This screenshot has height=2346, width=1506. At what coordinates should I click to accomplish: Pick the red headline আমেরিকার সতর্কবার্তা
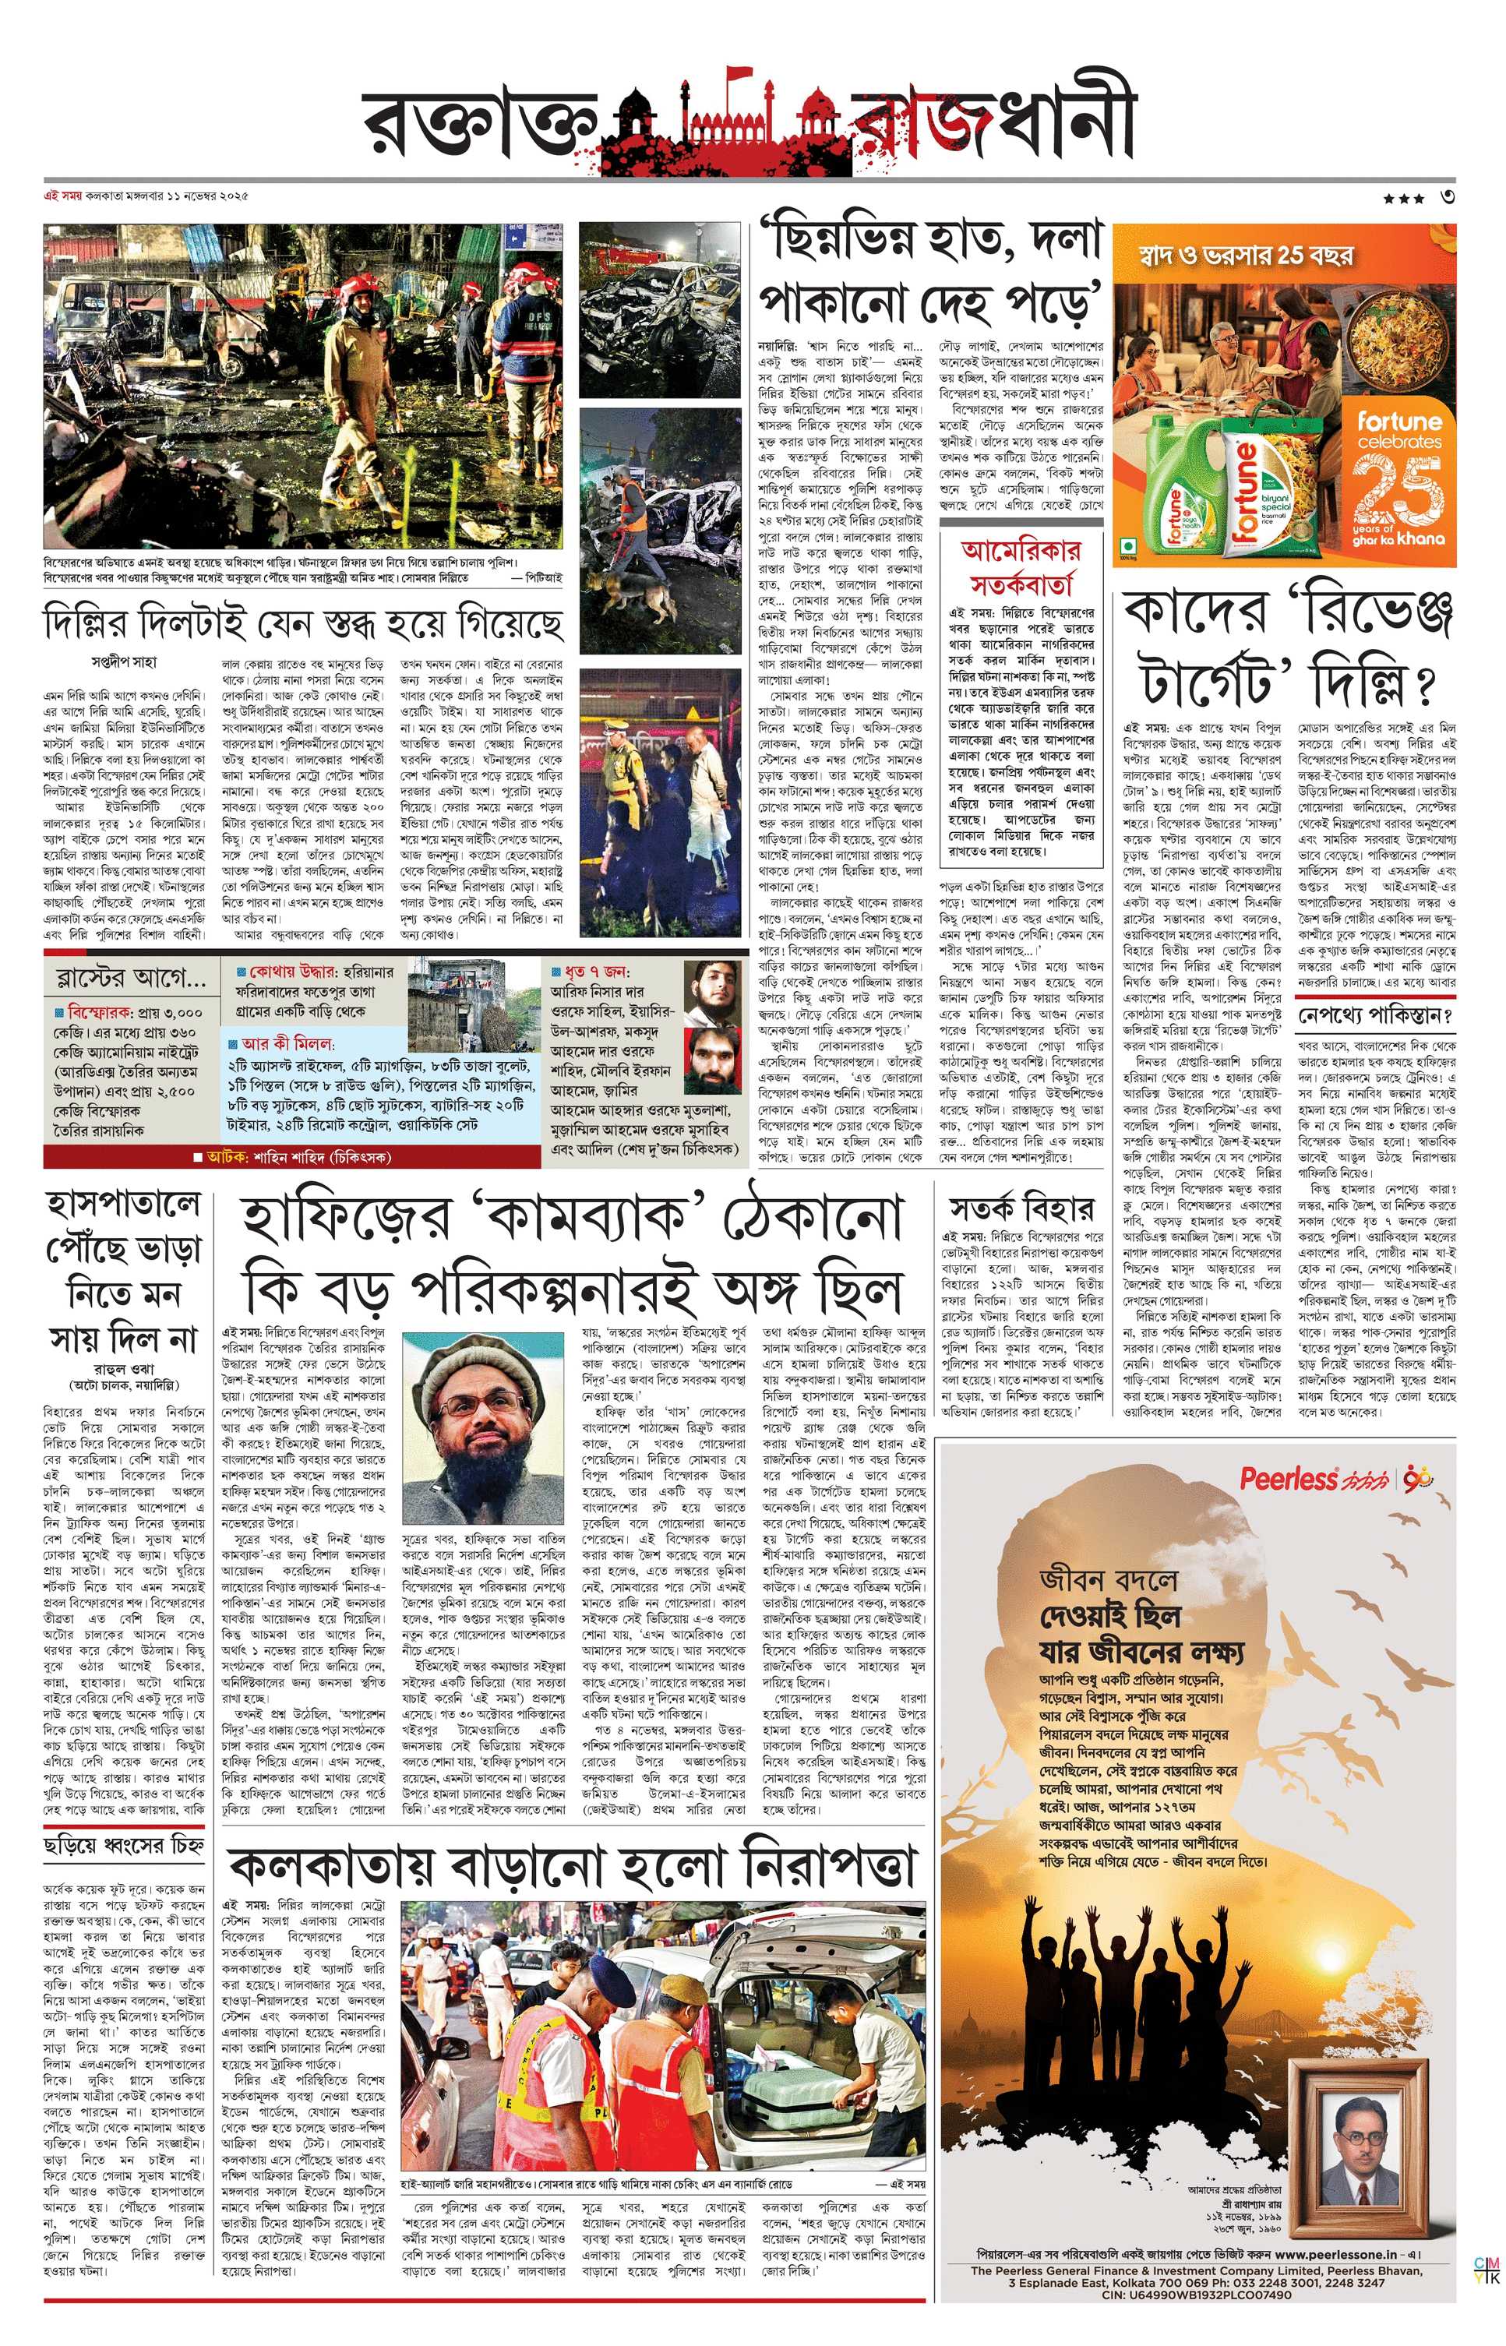click(x=1020, y=567)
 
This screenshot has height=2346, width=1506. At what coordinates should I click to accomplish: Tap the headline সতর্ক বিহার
click(x=1023, y=1210)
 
